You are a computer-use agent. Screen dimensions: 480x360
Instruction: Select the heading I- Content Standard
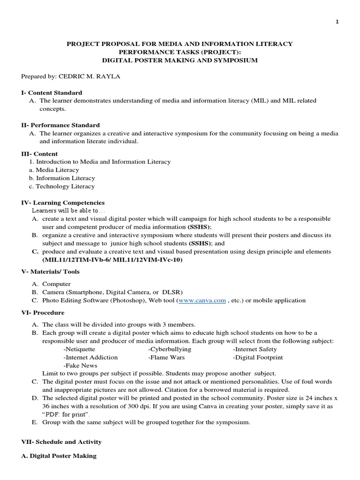[52, 93]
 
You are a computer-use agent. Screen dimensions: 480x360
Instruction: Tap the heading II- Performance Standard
[60, 125]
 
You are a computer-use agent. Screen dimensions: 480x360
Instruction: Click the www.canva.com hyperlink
[202, 300]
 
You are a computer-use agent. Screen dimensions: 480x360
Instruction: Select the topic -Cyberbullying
[170, 349]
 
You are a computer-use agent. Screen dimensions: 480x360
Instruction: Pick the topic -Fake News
[80, 365]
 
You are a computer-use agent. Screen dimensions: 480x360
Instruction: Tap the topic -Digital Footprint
[258, 357]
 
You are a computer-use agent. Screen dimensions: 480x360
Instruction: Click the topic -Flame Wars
[166, 357]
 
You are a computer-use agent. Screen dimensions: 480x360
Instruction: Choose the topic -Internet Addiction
[90, 357]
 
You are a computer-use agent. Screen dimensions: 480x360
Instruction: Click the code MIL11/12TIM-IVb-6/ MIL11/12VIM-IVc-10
[112, 260]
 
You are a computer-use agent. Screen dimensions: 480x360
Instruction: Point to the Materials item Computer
[56, 284]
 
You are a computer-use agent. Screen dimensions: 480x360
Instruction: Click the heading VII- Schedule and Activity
[61, 442]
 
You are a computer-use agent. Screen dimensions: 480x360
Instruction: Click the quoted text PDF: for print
[66, 414]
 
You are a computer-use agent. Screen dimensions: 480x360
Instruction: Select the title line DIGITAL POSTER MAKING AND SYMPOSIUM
[180, 60]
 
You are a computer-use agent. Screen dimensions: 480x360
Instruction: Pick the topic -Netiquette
[79, 349]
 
